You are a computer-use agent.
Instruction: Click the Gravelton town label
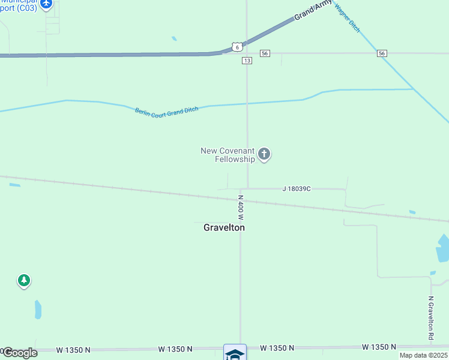coord(224,227)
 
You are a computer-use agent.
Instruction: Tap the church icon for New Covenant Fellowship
coord(264,154)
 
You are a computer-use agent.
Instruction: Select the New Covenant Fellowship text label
coord(228,154)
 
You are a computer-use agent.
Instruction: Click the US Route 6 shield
coord(237,47)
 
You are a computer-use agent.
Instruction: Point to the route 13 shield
coord(247,61)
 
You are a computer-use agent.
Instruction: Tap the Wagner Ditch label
coord(348,19)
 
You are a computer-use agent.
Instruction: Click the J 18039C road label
coord(297,188)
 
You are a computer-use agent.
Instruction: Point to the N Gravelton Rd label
coord(430,318)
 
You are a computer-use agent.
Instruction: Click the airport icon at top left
coord(46,4)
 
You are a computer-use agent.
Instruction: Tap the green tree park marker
coord(24,280)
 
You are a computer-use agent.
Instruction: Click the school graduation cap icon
coord(235,353)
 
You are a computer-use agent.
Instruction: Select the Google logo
coord(20,353)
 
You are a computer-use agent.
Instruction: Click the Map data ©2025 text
coord(423,355)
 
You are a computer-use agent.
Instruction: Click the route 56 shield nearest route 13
coord(265,53)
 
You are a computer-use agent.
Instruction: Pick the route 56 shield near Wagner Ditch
coord(382,53)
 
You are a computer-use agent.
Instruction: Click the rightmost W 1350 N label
coord(379,347)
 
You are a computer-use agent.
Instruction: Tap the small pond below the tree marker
coord(38,310)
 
